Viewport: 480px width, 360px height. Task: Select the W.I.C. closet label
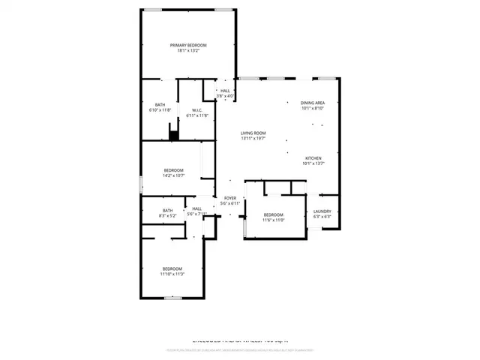[x=197, y=109]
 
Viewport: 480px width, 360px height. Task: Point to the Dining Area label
[x=312, y=102]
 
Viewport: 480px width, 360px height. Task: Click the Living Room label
[x=253, y=133]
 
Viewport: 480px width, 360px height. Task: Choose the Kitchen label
[x=313, y=158]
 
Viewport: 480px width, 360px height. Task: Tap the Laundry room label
[x=322, y=211]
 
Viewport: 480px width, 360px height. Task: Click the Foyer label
[x=229, y=198]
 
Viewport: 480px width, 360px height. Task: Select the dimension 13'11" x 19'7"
[x=253, y=139]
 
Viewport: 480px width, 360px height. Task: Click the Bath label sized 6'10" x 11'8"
[x=160, y=104]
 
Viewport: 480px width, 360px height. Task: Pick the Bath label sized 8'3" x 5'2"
[x=168, y=210]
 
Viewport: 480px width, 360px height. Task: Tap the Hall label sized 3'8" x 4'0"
[x=225, y=91]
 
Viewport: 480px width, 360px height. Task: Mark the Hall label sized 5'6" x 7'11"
[x=196, y=208]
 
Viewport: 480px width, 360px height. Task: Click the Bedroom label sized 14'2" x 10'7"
[x=174, y=170]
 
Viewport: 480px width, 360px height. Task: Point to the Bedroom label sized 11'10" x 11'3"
[x=172, y=268]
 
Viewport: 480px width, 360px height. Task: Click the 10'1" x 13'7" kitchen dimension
[x=313, y=163]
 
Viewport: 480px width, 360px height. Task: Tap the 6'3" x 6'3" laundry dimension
[x=322, y=217]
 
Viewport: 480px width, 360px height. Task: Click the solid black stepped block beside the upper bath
[x=174, y=135]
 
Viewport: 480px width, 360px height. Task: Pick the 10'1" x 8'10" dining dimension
[x=312, y=108]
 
